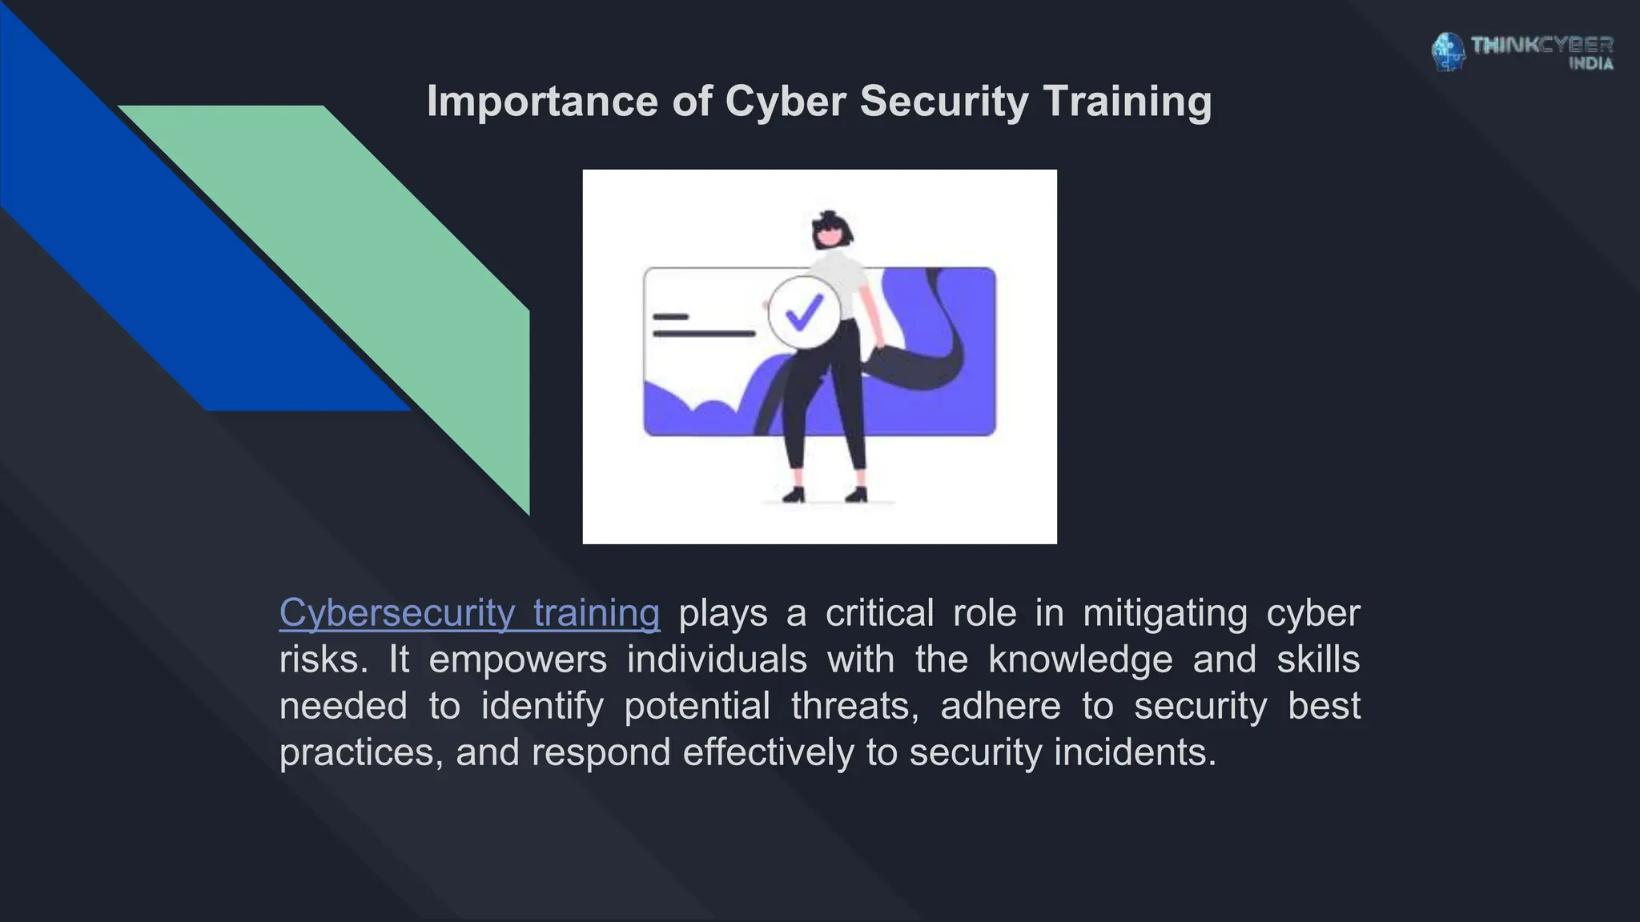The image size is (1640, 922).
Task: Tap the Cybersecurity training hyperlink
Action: coord(469,613)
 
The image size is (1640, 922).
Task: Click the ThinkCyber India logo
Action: coord(1521,52)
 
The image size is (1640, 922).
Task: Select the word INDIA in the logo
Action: coord(1590,64)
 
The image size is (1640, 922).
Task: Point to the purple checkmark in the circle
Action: coord(804,313)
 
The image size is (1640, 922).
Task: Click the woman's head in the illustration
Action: coord(831,230)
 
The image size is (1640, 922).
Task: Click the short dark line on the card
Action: coord(670,317)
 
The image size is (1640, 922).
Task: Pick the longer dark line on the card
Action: coord(703,333)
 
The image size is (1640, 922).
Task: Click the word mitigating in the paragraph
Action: coord(1165,613)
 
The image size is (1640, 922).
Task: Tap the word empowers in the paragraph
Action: coord(517,659)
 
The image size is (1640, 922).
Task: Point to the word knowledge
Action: coord(1079,659)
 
